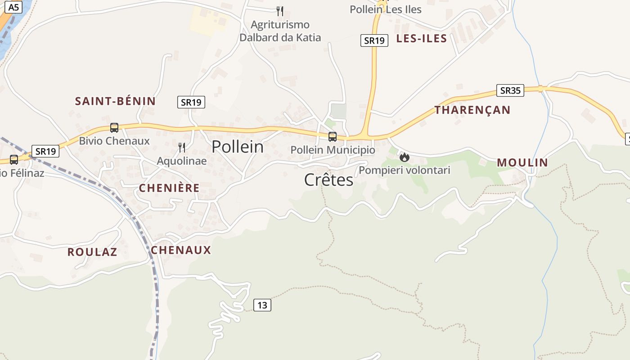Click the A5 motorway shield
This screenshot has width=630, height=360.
14,7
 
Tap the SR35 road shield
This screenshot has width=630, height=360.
510,90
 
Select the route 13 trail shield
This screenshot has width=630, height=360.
262,305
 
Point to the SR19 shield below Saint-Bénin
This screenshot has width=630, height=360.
191,102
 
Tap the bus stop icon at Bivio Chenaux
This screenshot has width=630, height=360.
114,128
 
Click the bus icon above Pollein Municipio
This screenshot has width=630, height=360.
333,136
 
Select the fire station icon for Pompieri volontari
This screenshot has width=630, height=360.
405,157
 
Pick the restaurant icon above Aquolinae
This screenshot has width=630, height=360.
182,147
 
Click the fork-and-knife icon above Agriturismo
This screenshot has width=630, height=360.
280,11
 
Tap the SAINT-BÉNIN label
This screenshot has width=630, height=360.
115,101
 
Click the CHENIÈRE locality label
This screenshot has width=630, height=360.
169,188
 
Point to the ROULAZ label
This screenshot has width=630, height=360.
92,252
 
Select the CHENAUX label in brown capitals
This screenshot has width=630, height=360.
181,250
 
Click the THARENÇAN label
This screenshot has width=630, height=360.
472,110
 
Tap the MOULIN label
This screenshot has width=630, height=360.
522,162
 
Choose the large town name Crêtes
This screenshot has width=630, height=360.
329,180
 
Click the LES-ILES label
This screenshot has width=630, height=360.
422,38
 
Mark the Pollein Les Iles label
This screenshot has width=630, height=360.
386,9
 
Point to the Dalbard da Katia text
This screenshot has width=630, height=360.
280,37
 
